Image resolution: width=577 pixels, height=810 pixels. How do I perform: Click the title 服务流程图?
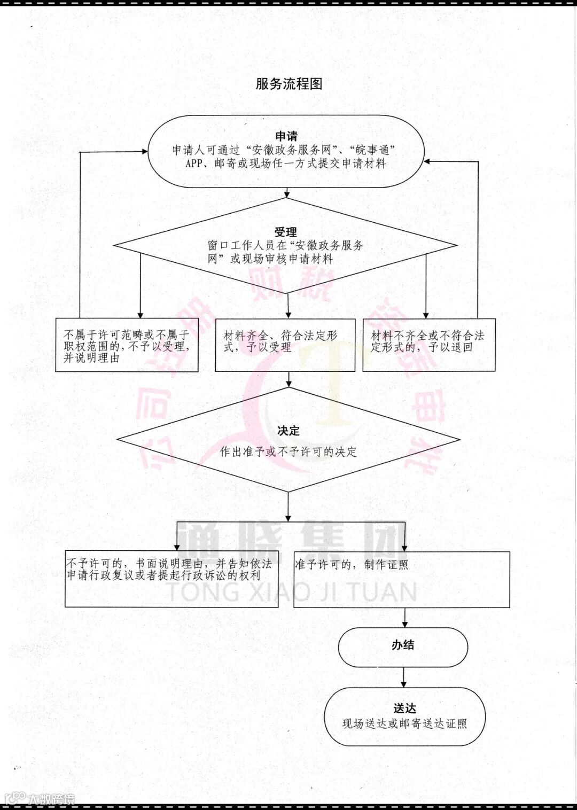click(288, 84)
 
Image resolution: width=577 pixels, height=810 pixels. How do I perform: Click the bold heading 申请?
click(286, 136)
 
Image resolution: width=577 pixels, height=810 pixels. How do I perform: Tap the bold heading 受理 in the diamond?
click(286, 232)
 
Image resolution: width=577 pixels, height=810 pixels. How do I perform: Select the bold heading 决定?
click(288, 431)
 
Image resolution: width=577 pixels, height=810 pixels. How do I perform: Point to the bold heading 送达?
click(404, 708)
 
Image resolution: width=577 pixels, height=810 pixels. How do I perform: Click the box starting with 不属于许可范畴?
click(127, 345)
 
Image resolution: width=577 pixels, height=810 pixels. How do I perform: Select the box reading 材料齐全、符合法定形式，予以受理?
click(285, 345)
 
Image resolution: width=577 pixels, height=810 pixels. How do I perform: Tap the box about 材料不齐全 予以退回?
click(428, 345)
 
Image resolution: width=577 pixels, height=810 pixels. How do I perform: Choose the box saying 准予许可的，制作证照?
click(402, 579)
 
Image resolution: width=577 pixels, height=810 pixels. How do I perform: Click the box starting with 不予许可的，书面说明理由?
click(171, 579)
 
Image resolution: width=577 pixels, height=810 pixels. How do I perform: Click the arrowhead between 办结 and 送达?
click(403, 684)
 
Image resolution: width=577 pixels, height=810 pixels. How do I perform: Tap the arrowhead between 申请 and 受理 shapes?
click(287, 194)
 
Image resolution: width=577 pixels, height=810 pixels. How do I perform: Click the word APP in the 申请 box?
click(194, 163)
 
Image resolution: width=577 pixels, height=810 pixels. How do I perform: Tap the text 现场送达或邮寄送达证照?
click(404, 723)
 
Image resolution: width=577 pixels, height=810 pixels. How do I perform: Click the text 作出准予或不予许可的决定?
click(288, 452)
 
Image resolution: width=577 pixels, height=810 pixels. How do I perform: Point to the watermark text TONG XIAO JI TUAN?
click(291, 592)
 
